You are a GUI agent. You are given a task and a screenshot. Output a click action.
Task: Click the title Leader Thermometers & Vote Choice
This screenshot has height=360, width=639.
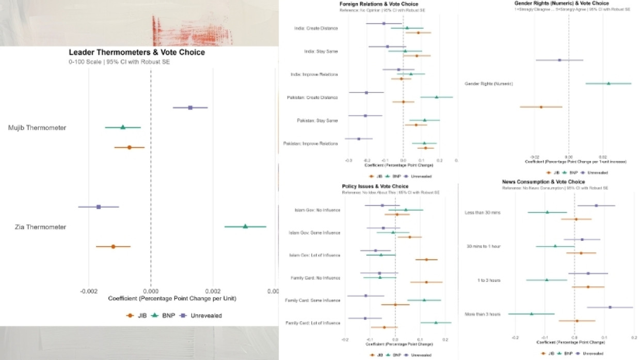[x=137, y=53]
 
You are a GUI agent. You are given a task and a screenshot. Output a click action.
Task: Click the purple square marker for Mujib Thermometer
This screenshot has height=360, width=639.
[x=190, y=108]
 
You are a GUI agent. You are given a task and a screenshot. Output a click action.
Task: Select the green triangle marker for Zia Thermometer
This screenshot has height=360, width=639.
[x=245, y=226]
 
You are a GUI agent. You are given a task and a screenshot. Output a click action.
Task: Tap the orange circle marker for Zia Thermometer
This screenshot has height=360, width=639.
[x=113, y=247]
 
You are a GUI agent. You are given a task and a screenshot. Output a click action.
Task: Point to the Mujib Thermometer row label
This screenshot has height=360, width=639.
[x=37, y=128]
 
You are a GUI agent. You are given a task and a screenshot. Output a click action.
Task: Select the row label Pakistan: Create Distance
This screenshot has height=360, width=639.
[x=312, y=97]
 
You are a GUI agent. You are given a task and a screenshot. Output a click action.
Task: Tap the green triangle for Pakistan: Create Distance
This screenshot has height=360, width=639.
[x=436, y=97]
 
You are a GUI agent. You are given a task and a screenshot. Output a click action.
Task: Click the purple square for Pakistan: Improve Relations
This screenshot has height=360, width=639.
[x=359, y=139]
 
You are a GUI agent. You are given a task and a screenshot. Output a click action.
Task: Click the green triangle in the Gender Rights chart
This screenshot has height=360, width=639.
[x=608, y=83]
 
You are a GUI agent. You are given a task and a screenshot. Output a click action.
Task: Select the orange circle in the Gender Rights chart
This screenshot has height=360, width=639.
[x=541, y=107]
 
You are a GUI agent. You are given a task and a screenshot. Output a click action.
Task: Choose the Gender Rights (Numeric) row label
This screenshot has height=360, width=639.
[x=488, y=83]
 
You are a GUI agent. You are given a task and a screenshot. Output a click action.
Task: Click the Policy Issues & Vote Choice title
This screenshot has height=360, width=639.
[x=375, y=186]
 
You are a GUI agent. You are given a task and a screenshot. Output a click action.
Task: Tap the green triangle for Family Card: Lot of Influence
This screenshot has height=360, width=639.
[x=436, y=323]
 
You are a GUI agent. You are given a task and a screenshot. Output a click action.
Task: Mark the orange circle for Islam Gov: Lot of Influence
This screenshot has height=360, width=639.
[x=426, y=259]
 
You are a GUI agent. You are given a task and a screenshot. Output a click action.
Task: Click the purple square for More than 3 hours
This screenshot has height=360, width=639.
[x=610, y=307]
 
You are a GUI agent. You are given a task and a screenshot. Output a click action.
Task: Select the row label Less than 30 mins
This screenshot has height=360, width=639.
[x=482, y=212]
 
